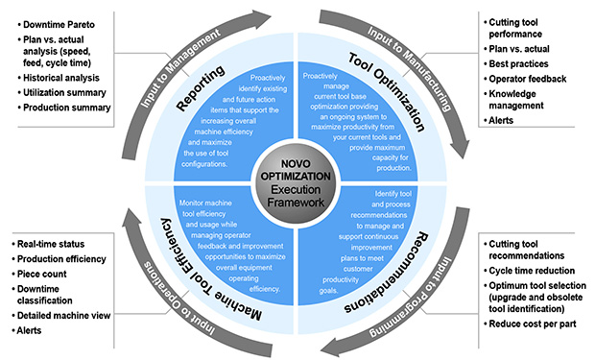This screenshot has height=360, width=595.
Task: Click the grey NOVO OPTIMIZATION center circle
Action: click(297, 180)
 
